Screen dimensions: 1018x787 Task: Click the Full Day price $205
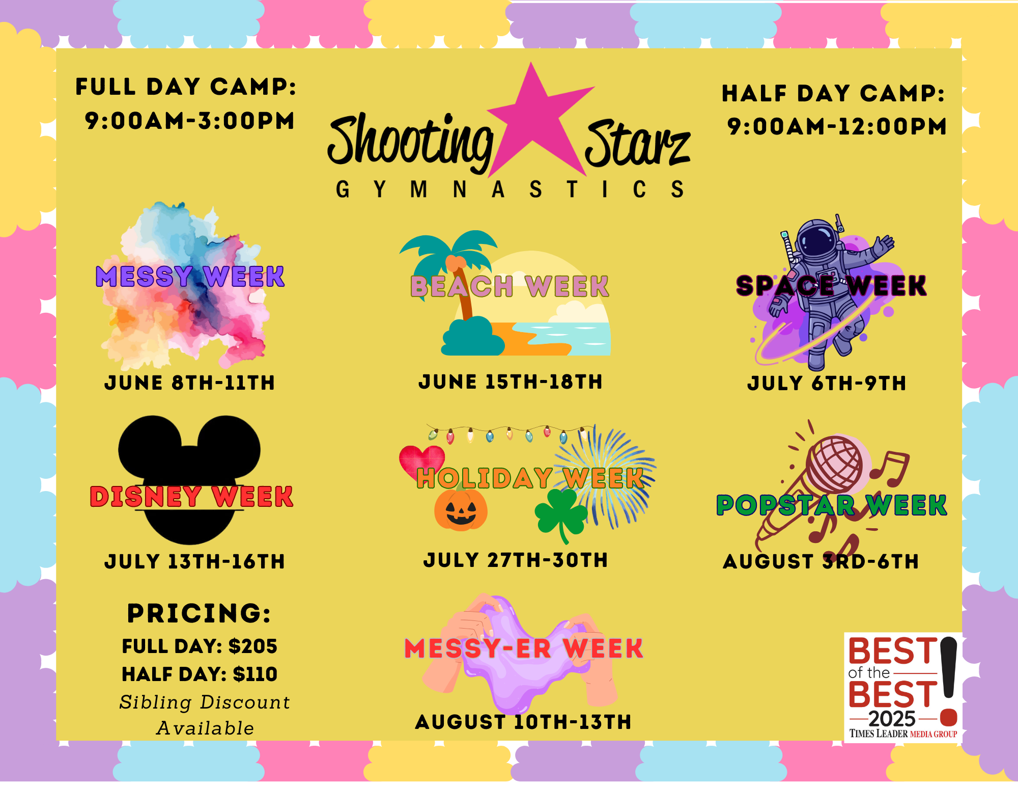click(x=253, y=646)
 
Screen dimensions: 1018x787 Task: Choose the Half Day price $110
click(x=255, y=674)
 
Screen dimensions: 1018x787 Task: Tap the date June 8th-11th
click(x=189, y=383)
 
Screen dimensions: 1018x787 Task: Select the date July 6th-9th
click(x=827, y=384)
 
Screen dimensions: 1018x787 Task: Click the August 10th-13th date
click(x=523, y=722)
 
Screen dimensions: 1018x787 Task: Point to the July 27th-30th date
click(x=516, y=560)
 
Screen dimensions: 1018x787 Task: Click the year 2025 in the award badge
click(x=892, y=719)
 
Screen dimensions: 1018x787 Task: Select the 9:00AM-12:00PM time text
click(x=837, y=126)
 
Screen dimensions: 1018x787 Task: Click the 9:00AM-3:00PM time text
click(x=189, y=121)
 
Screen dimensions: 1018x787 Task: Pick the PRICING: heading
click(x=199, y=613)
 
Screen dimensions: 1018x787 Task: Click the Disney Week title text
click(x=191, y=497)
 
